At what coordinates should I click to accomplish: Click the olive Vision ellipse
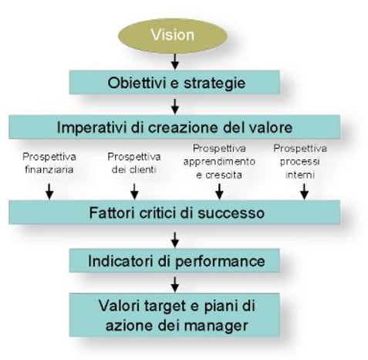pos(173,36)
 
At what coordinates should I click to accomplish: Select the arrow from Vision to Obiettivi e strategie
pos(175,62)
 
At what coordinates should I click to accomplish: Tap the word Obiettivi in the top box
pos(137,83)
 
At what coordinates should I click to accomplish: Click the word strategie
pos(214,83)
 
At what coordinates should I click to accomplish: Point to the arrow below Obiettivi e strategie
pos(175,107)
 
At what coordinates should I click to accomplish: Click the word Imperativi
pos(92,127)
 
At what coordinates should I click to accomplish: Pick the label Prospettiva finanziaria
pos(49,163)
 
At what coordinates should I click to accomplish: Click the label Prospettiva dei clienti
pos(134,163)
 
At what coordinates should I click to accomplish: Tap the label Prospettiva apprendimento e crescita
pos(219,161)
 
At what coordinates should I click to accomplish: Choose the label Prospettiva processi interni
pos(300,161)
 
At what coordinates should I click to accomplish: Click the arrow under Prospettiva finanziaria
pos(49,192)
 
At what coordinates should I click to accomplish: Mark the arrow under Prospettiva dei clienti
pos(134,192)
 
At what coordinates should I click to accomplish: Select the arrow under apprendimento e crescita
pos(219,192)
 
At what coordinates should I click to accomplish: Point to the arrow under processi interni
pos(304,192)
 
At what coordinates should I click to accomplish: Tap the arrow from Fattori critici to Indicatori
pos(175,239)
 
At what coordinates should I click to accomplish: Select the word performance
pos(220,262)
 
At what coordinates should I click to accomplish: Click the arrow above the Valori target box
pos(175,284)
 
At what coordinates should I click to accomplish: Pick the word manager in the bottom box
pos(216,326)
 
